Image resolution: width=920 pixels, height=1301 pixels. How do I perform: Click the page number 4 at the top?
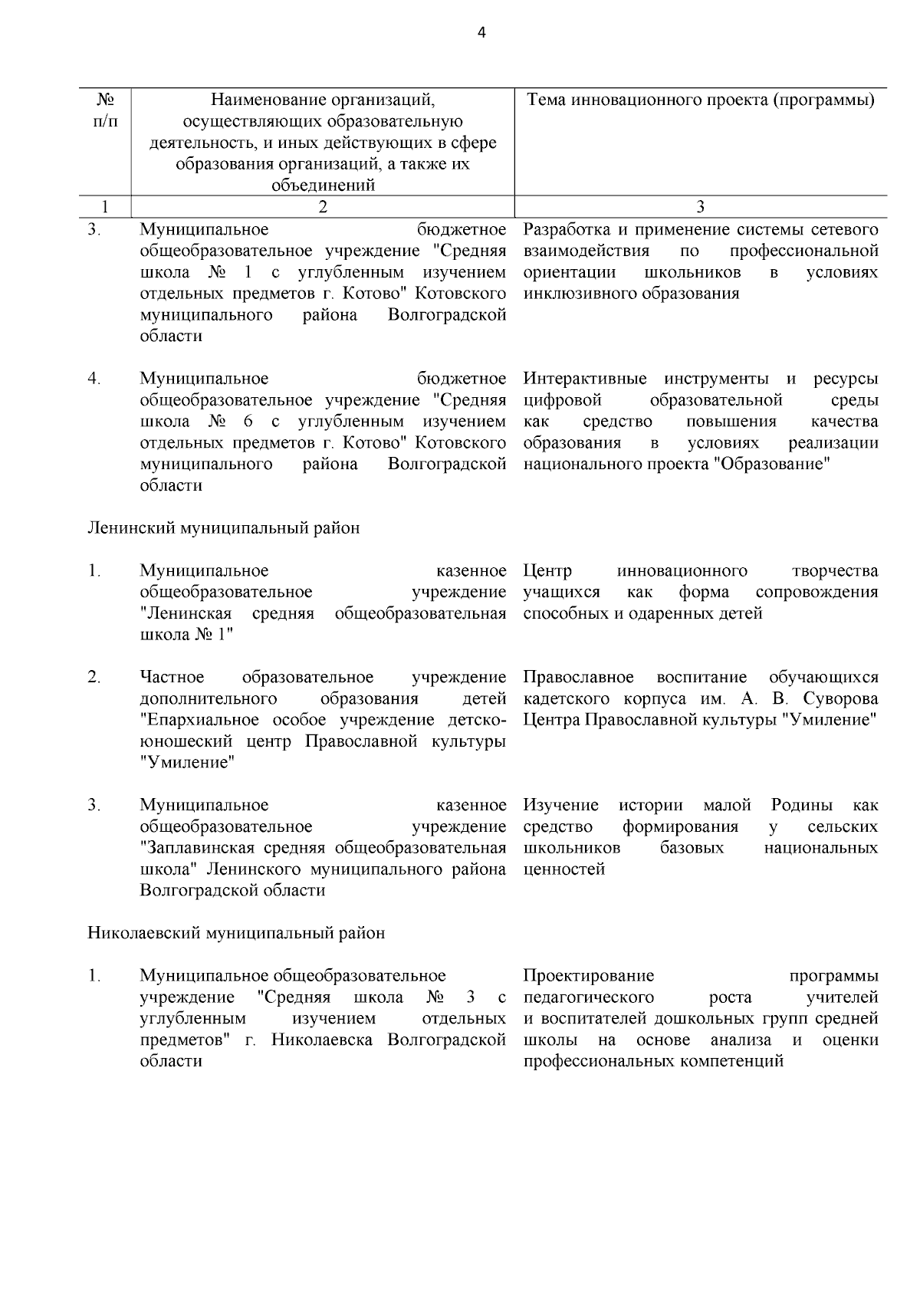click(481, 32)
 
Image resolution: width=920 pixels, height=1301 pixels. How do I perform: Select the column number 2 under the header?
click(322, 206)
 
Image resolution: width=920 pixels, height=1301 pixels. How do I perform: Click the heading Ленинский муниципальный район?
click(223, 528)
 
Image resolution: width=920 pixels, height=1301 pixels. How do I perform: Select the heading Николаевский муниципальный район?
click(236, 933)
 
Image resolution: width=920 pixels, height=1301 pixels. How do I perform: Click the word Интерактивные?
click(585, 379)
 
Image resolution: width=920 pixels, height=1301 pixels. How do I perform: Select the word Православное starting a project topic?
click(579, 678)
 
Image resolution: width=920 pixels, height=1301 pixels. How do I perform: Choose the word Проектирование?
click(589, 976)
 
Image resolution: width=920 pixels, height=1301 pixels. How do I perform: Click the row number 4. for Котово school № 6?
click(94, 379)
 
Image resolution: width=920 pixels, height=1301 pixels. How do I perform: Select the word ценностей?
click(564, 869)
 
